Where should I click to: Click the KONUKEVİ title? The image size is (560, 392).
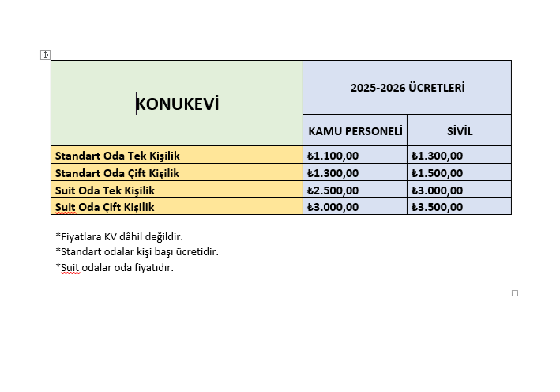[x=177, y=104]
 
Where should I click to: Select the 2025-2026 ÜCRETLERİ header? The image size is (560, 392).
[x=407, y=88]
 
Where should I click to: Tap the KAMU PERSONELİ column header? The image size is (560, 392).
[x=355, y=130]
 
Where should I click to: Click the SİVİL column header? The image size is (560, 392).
[x=459, y=130]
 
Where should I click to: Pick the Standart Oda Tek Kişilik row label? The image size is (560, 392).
[x=117, y=156]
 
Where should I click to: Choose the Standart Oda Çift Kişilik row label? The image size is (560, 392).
[x=117, y=173]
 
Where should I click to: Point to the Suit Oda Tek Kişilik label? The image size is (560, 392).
[x=104, y=190]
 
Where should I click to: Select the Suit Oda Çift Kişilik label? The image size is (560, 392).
[x=104, y=207]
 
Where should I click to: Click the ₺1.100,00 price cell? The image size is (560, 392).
[x=333, y=156]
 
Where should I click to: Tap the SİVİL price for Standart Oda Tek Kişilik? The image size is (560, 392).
[x=437, y=156]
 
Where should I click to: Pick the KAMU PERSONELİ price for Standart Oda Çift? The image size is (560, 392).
[x=333, y=173]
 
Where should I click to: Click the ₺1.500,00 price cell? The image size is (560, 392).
[x=437, y=173]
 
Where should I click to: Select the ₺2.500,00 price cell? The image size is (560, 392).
[x=333, y=190]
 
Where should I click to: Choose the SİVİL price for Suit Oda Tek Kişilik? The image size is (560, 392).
[x=437, y=190]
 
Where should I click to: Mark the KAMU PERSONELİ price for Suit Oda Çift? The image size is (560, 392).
[x=333, y=207]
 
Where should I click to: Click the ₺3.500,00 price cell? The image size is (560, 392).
[x=437, y=207]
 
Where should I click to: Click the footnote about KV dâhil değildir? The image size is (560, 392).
[x=125, y=236]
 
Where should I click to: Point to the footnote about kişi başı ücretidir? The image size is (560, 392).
[x=137, y=252]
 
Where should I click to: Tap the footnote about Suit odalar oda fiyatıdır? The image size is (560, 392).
[x=115, y=268]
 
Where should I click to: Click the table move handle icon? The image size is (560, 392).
[x=45, y=55]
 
